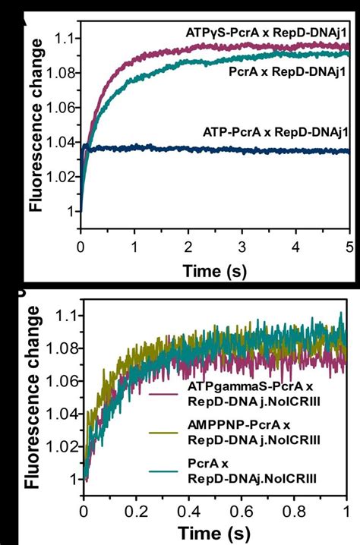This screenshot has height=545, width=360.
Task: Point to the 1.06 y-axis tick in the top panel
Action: click(63, 107)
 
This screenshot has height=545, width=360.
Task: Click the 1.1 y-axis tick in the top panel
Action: click(67, 37)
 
